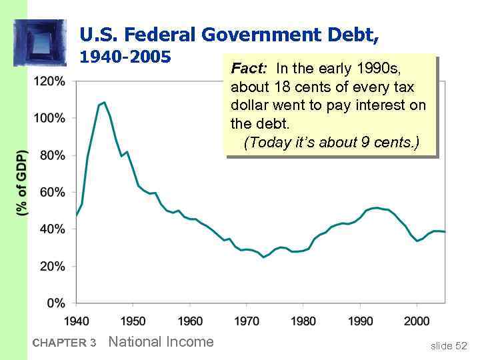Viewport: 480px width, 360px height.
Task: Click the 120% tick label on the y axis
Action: pos(49,81)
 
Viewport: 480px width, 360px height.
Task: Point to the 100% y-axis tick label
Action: pos(49,118)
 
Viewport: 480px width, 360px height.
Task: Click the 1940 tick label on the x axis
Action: pos(77,321)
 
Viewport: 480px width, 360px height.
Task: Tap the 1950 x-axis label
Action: pos(133,321)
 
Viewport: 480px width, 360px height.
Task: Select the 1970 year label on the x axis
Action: pos(247,321)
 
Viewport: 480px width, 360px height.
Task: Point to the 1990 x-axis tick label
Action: pos(361,321)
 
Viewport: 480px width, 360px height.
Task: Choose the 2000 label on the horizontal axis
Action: pos(417,321)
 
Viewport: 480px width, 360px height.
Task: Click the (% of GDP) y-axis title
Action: pos(21,182)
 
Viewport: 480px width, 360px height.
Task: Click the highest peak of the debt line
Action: pos(104,103)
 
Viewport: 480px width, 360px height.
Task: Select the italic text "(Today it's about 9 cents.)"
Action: pos(331,143)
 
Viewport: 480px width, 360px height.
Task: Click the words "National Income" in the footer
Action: pos(161,342)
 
